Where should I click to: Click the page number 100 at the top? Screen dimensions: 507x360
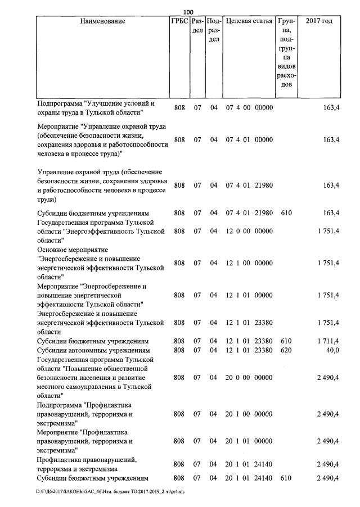188,12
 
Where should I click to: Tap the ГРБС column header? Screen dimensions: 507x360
179,21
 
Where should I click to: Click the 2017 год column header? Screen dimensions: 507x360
319,21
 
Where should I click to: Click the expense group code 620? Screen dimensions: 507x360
286,350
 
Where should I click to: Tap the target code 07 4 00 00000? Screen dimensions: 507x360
249,107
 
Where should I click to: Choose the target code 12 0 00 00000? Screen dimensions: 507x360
249,230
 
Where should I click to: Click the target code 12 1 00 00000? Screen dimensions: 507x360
249,262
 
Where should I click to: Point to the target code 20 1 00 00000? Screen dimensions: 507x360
249,414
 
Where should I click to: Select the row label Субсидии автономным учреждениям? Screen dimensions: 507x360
92,350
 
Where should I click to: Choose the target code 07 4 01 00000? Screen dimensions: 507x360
249,139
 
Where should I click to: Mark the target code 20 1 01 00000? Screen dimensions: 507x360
249,441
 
